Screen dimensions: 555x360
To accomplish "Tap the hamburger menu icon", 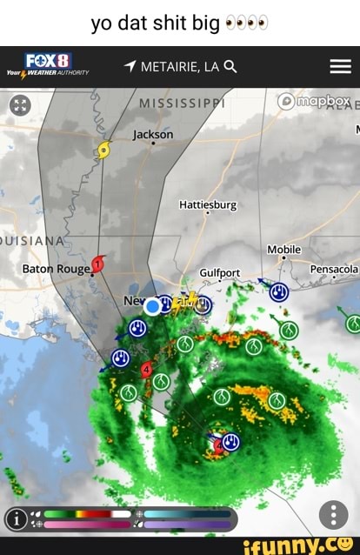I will [x=340, y=66].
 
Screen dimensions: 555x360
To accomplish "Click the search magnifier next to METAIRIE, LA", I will [x=230, y=66].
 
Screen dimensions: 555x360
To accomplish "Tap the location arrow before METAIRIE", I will [x=130, y=66].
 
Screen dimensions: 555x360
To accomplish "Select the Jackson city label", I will [x=153, y=135].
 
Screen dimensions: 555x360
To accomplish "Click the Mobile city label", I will [x=284, y=250].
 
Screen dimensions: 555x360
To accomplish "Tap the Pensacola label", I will [x=334, y=269].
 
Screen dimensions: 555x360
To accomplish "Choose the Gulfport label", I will [x=220, y=272].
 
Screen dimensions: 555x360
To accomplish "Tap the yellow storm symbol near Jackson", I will [x=104, y=150].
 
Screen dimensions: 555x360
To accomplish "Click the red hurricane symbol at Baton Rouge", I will [x=99, y=263].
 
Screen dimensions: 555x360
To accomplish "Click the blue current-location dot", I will [x=153, y=305].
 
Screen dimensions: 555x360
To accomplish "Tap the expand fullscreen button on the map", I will [x=20, y=105].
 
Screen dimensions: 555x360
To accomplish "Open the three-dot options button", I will [x=334, y=515].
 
